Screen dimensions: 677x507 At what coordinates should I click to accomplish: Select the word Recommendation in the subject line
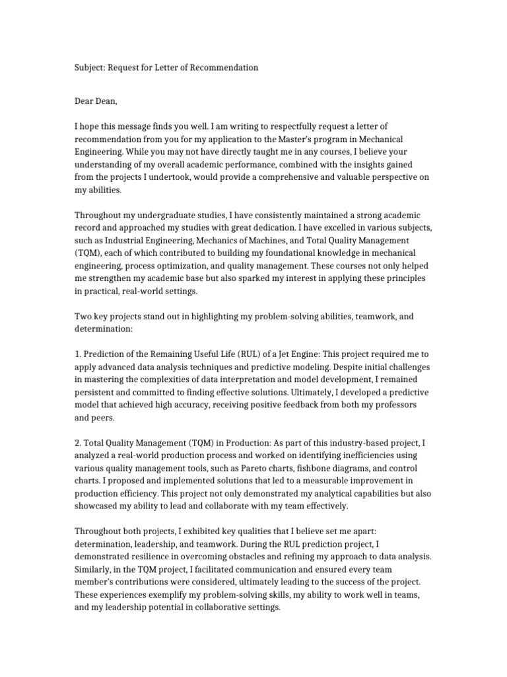click(x=224, y=67)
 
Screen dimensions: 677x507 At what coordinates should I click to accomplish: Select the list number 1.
click(x=77, y=354)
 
